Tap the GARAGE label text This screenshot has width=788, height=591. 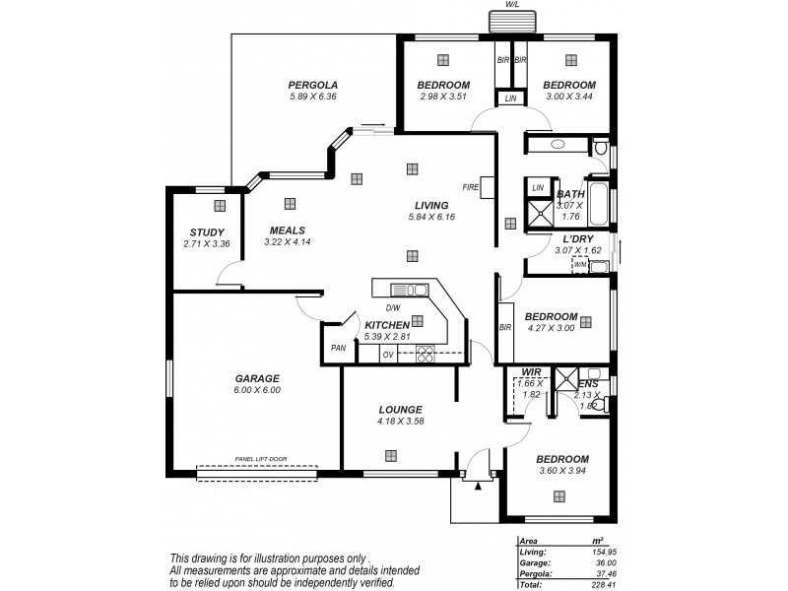257,377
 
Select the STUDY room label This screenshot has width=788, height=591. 207,231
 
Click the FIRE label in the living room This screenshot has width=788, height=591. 471,186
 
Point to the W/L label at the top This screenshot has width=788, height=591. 512,5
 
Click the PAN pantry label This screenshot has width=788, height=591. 338,347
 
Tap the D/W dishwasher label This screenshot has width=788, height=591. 392,307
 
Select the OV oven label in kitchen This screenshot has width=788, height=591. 388,354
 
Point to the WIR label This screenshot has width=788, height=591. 531,371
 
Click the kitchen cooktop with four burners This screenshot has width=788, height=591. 427,354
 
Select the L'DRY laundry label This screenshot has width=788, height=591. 579,239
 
